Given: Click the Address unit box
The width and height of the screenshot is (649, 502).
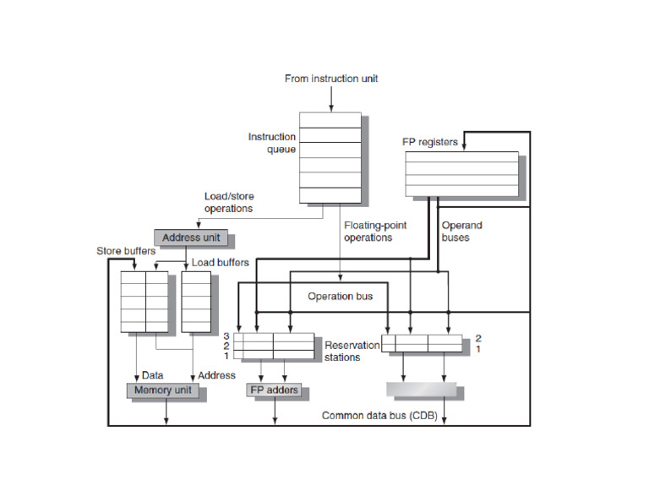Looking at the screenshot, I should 191,237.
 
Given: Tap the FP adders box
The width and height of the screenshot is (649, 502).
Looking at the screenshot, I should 275,390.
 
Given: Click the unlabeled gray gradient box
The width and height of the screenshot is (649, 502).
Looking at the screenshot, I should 421,390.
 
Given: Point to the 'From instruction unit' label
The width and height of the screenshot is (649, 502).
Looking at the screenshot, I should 330,79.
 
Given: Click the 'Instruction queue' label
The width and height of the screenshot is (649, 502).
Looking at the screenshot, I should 271,143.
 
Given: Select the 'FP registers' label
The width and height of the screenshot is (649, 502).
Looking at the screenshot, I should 429,141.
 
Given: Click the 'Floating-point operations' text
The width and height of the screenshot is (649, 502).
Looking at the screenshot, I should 368,232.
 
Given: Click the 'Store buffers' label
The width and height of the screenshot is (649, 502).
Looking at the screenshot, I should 124,251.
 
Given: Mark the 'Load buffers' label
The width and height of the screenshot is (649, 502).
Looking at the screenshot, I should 220,263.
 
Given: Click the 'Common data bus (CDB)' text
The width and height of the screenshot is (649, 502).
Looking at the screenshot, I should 379,416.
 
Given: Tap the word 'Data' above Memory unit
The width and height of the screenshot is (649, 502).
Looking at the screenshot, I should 153,374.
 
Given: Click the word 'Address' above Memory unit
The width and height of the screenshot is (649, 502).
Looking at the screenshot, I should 216,374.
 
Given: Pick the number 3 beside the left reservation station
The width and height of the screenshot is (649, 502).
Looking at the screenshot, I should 226,336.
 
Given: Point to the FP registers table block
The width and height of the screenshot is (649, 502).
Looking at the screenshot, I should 461,175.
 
